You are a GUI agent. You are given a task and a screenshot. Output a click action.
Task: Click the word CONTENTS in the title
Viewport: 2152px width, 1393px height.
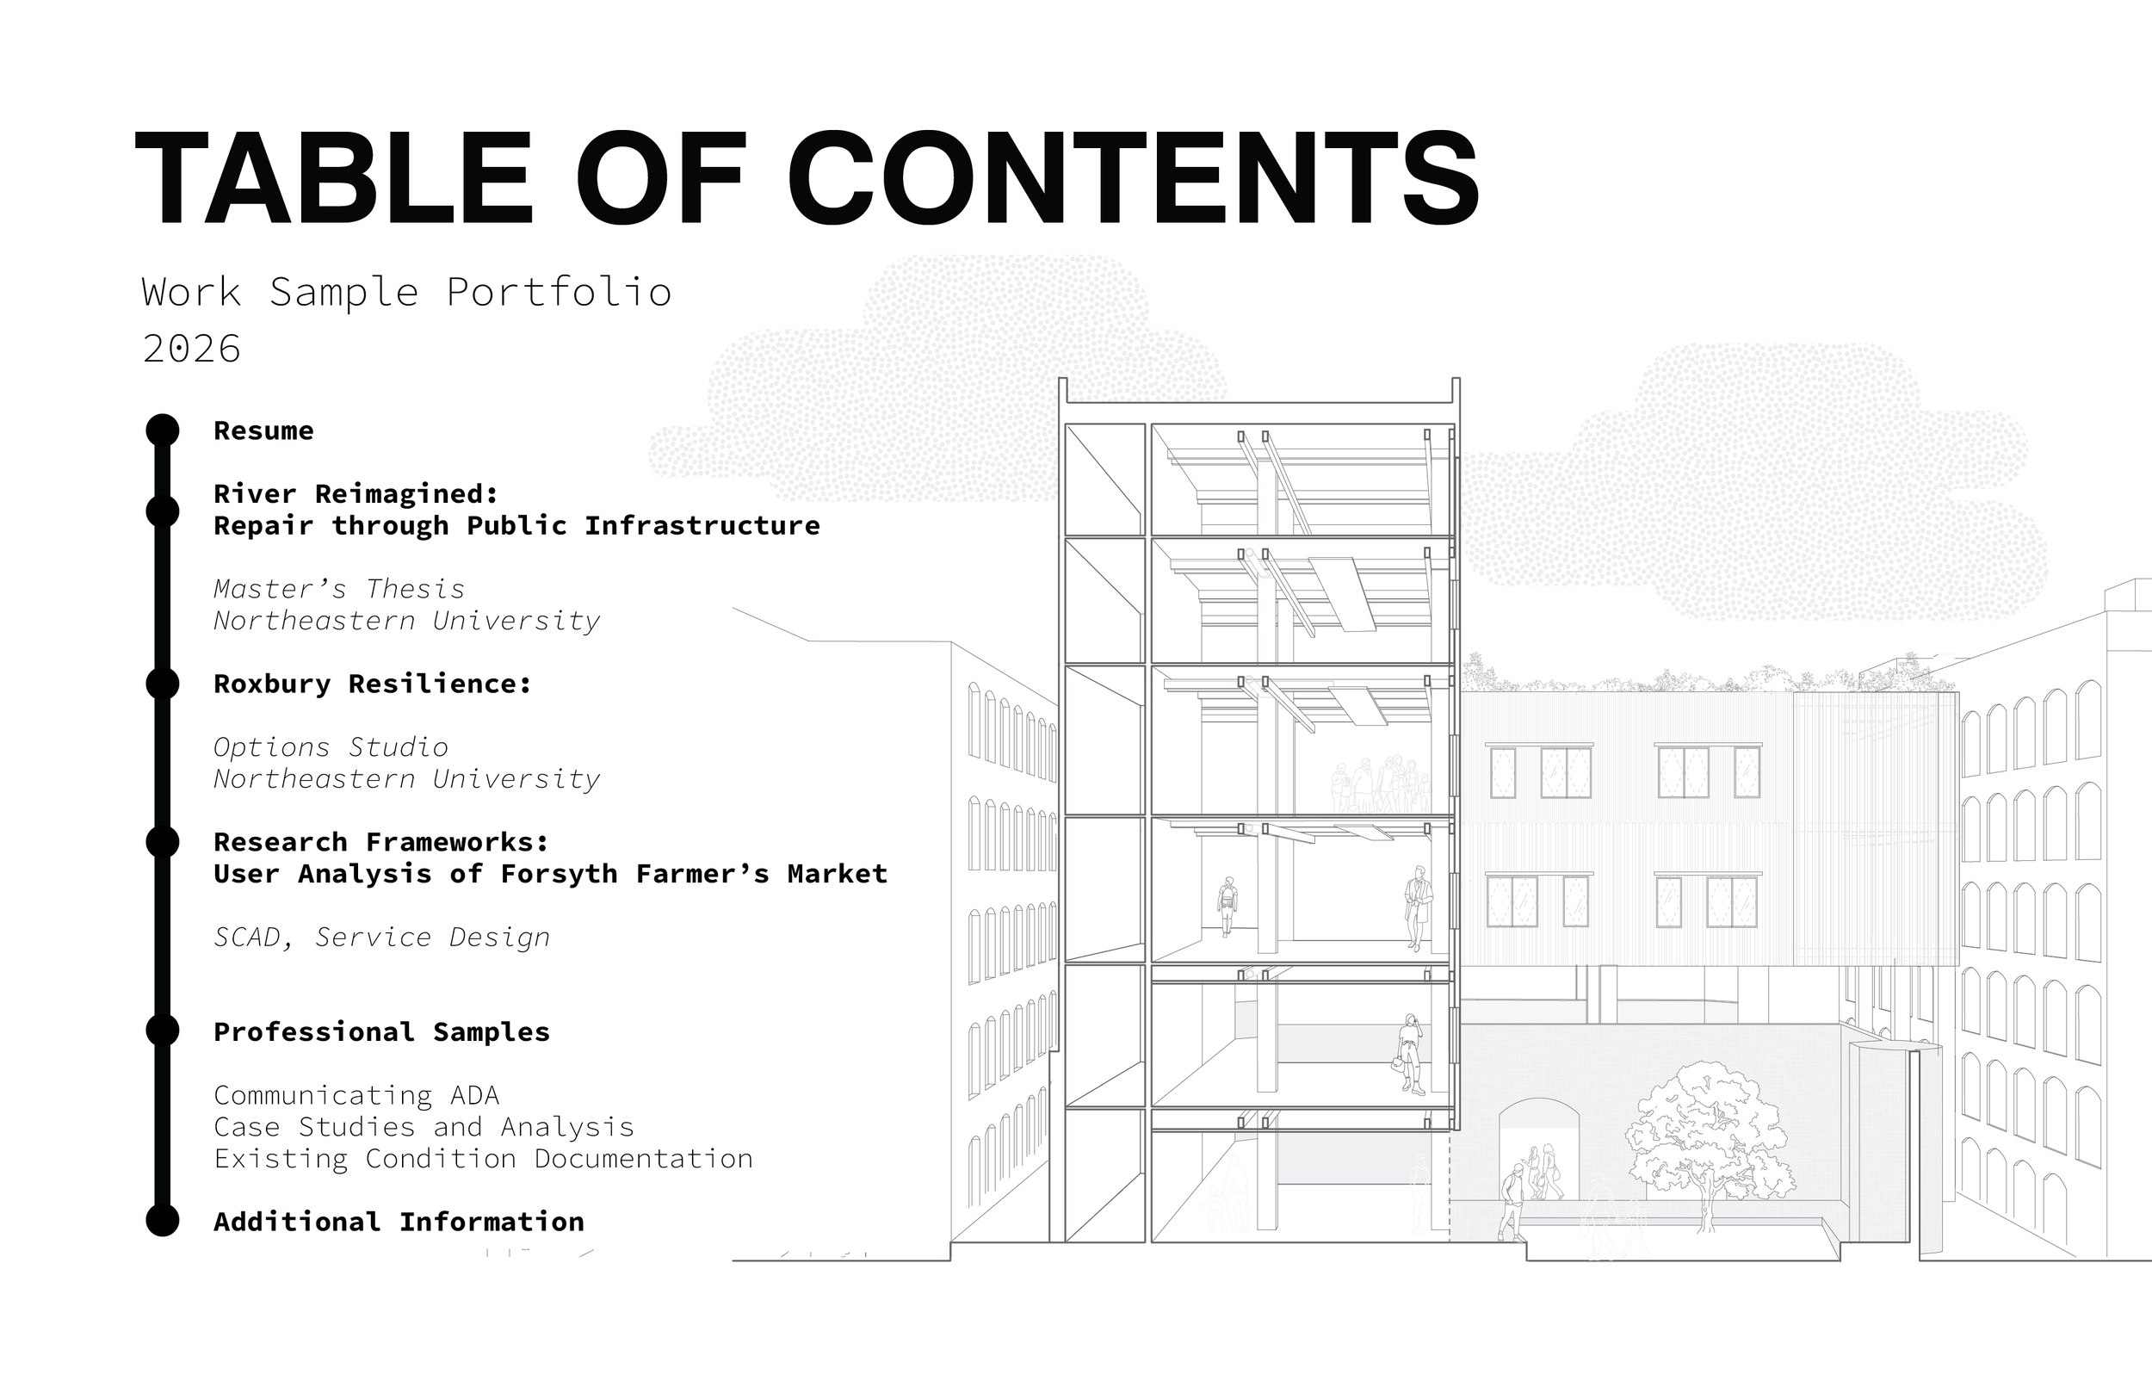tap(1134, 177)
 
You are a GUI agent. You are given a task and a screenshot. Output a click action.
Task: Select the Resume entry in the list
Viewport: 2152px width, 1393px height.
tap(264, 430)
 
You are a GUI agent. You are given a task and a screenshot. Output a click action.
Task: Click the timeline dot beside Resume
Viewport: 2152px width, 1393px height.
tap(163, 430)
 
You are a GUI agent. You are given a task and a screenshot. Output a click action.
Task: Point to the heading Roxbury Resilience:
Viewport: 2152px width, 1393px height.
tap(373, 684)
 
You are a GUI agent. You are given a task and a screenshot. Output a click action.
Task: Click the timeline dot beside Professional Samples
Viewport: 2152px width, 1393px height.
tap(163, 1031)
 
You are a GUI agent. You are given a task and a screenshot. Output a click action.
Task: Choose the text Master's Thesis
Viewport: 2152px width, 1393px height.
tap(339, 589)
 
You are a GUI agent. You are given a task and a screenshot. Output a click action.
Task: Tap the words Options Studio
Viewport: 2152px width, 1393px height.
tap(331, 747)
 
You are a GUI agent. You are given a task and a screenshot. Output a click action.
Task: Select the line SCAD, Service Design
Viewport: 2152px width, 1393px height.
tap(381, 937)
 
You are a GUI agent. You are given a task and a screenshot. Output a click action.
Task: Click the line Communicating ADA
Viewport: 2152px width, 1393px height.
tap(356, 1095)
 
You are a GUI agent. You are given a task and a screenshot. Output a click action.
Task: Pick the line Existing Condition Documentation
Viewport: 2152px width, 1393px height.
tap(483, 1159)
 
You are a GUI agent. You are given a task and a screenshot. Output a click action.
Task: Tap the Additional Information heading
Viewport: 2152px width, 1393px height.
tap(399, 1222)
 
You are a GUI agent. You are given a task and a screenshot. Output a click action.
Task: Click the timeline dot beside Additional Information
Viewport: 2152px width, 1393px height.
tap(163, 1220)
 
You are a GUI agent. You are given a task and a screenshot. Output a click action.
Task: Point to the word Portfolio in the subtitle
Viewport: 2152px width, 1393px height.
tap(560, 292)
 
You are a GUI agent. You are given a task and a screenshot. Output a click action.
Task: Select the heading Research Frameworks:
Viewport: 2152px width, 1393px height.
tap(381, 842)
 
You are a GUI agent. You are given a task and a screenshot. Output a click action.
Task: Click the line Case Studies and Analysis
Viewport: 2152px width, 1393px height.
tap(424, 1127)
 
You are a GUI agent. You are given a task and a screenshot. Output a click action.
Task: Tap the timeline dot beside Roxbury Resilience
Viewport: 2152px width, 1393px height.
tap(163, 683)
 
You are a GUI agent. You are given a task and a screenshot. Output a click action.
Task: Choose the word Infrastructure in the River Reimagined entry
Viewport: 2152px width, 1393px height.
tap(702, 525)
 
